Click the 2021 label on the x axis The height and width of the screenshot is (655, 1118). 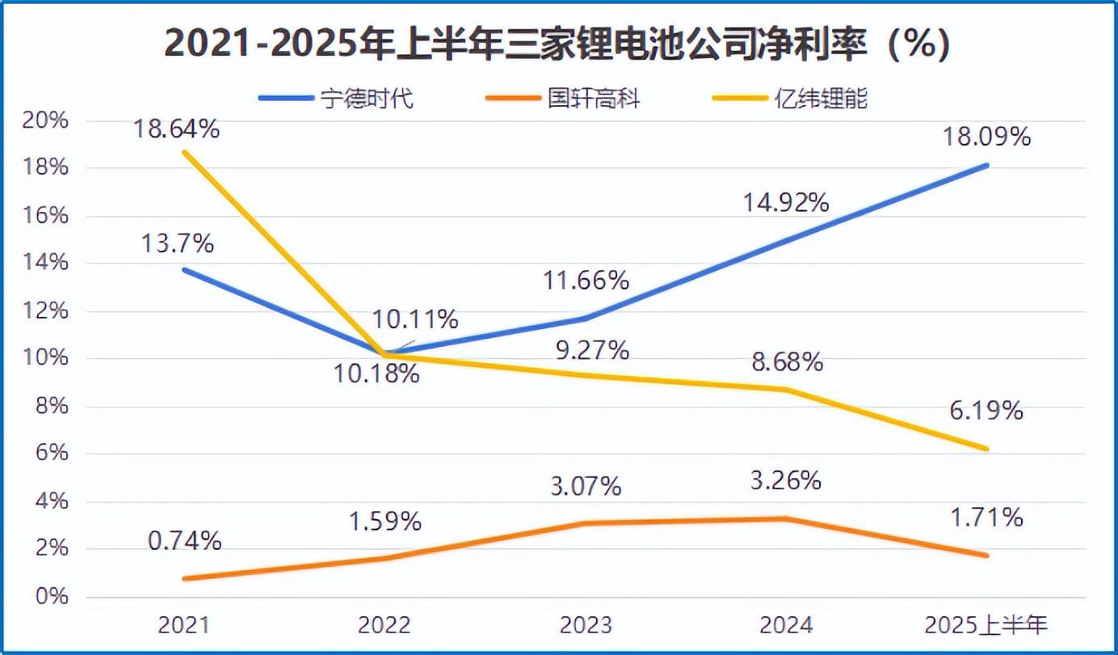pos(184,624)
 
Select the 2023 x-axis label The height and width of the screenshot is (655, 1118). pos(586,624)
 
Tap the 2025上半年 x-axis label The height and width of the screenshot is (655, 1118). pos(986,624)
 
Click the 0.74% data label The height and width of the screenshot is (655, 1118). pos(184,541)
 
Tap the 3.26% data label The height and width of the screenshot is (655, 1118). pos(785,480)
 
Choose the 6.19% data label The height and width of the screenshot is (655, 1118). pos(987,411)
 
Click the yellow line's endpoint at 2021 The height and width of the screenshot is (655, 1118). pos(184,152)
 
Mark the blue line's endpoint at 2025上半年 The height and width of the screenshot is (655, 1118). pos(986,166)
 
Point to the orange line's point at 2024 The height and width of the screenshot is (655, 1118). pos(786,518)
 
